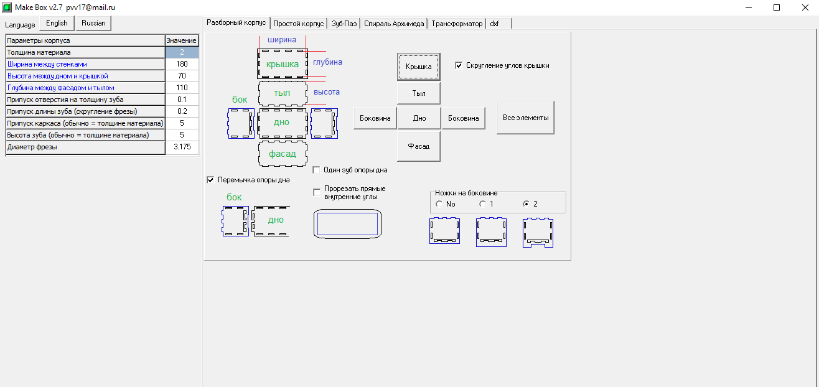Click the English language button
pos(57,24)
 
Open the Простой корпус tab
pos(298,24)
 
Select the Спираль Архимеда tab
pos(394,24)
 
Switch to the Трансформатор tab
pos(457,24)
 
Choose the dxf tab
pos(498,24)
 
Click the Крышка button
pos(419,67)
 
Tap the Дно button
pos(419,118)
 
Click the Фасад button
pos(419,146)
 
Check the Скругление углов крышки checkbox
pos(459,65)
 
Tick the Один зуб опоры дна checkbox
pos(316,170)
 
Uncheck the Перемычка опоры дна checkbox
pos(210,180)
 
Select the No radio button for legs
pos(439,204)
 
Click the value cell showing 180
pos(182,64)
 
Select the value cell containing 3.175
pos(182,147)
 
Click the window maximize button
pos(777,7)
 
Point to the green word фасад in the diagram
pos(283,154)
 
